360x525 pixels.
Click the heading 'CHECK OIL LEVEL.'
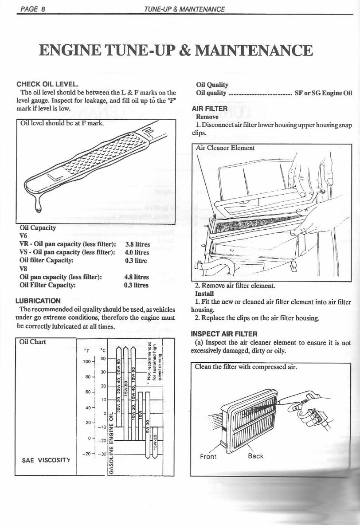point(47,84)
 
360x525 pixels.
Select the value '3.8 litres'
point(137,244)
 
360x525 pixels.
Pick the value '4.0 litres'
point(137,252)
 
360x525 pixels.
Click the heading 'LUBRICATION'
point(38,301)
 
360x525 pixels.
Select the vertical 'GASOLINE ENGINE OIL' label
point(112,443)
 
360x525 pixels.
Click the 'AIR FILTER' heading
point(209,109)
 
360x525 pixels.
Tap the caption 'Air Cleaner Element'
point(225,148)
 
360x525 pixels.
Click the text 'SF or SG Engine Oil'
point(323,93)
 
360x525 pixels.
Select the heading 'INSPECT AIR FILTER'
point(224,333)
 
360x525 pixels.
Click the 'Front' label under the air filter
point(208,456)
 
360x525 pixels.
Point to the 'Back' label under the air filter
point(255,456)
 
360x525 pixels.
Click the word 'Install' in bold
point(204,293)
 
